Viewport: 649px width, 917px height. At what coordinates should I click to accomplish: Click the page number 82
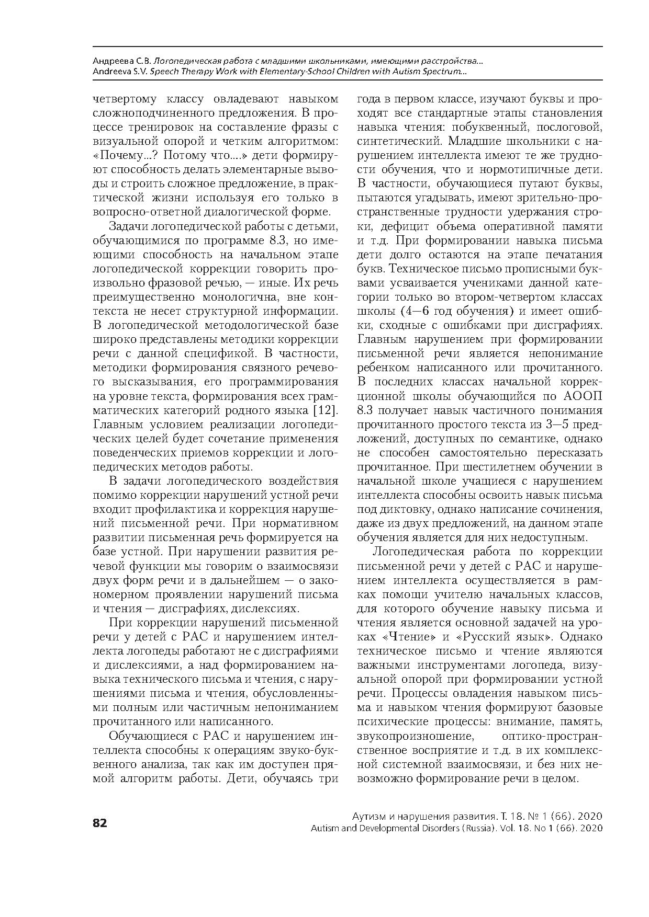coord(99,823)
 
